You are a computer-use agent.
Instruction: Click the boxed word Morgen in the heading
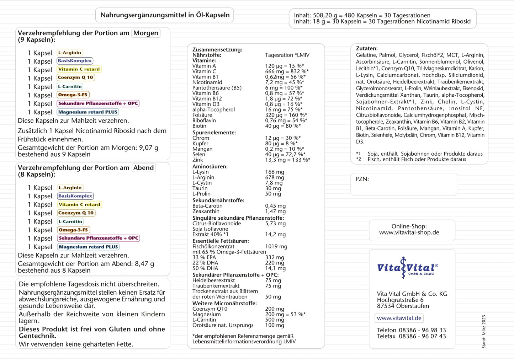[x=146, y=33]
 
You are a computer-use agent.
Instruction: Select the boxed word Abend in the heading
[x=144, y=168]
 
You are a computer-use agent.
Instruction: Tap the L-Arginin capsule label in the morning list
[x=70, y=53]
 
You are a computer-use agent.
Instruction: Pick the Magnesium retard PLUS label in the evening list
[x=88, y=247]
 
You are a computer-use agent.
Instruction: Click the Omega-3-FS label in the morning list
[x=73, y=95]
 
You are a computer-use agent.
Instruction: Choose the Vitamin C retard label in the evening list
[x=79, y=204]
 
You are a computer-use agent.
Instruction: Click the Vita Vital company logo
[x=407, y=268]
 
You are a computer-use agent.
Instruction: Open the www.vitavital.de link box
[x=399, y=318]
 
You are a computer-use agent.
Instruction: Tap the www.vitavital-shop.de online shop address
[x=409, y=232]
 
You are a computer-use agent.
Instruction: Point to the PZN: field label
[x=362, y=179]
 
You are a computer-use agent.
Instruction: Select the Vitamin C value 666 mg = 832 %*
[x=287, y=71]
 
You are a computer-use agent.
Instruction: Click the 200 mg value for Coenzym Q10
[x=275, y=309]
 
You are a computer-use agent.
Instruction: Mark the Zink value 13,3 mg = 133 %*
[x=287, y=160]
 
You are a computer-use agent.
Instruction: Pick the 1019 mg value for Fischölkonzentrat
[x=276, y=246]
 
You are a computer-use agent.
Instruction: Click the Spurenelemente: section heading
[x=214, y=133]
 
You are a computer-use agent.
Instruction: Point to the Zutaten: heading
[x=367, y=48]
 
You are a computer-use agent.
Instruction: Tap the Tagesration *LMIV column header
[x=287, y=55]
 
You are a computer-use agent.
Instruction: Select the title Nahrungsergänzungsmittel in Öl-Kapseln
[x=165, y=15]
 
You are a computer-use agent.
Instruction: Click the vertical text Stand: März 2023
[x=483, y=331]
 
